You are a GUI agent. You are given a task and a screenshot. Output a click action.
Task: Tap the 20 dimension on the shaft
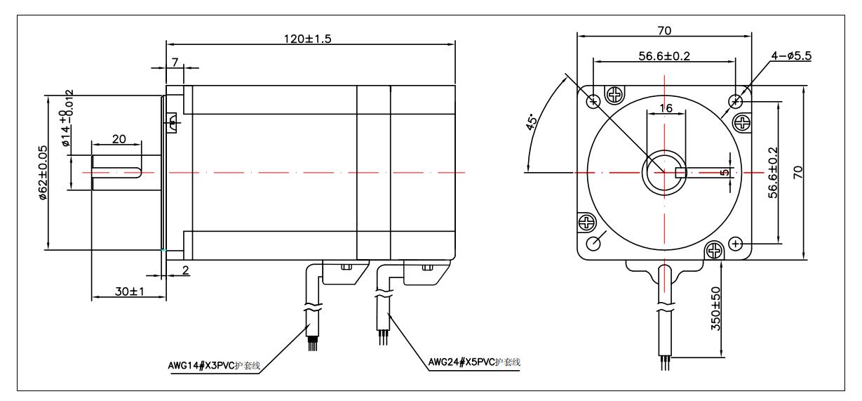point(119,139)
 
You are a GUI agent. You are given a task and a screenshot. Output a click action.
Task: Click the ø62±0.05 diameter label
point(43,173)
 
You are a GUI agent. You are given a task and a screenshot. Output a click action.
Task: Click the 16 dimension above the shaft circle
point(663,107)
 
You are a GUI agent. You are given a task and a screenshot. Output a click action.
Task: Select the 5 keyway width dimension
point(724,171)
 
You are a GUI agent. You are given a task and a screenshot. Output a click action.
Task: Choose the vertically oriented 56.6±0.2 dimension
point(772,172)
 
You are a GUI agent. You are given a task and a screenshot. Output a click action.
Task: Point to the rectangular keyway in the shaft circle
point(680,172)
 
